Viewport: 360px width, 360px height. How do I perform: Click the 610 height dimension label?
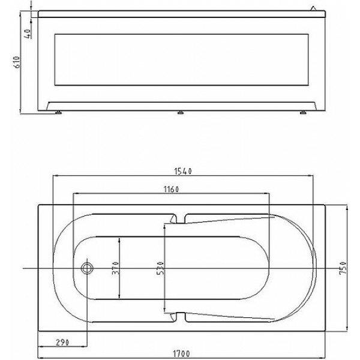pyautogui.click(x=17, y=62)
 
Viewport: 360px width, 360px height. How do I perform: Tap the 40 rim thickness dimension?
pyautogui.click(x=28, y=34)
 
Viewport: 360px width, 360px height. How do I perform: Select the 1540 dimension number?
pyautogui.click(x=183, y=171)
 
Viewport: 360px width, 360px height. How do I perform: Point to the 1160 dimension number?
pyautogui.click(x=171, y=190)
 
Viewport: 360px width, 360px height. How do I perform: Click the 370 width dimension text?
pyautogui.click(x=115, y=268)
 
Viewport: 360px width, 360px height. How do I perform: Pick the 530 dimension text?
pyautogui.click(x=160, y=268)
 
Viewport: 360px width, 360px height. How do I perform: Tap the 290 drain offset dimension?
pyautogui.click(x=62, y=343)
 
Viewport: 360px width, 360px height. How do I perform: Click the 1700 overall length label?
pyautogui.click(x=181, y=353)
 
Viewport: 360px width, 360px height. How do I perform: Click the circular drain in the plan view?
pyautogui.click(x=87, y=268)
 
